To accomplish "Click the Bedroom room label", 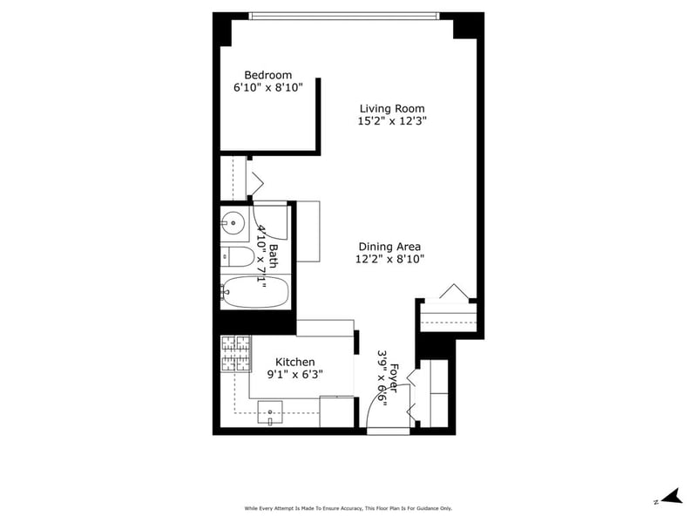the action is tap(268, 75).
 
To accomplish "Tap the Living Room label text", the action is tap(392, 108).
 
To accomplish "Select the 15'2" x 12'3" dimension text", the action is tap(392, 121).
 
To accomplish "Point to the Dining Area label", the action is tap(389, 247).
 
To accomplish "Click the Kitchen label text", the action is tap(295, 362).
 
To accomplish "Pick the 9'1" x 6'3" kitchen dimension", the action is tap(294, 375).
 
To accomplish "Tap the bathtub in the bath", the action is tap(255, 292).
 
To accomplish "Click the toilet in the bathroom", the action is tap(237, 256).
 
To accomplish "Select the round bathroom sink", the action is tap(233, 222).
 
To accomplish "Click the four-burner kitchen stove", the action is tap(236, 354).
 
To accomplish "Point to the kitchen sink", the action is tap(270, 412).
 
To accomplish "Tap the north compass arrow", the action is tap(672, 496).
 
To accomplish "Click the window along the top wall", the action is tap(344, 16).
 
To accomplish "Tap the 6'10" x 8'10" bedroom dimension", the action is tap(268, 88).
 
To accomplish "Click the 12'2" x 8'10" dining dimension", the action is tap(389, 259).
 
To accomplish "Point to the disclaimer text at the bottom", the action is tap(348, 508).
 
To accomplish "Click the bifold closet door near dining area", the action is tap(454, 291).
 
